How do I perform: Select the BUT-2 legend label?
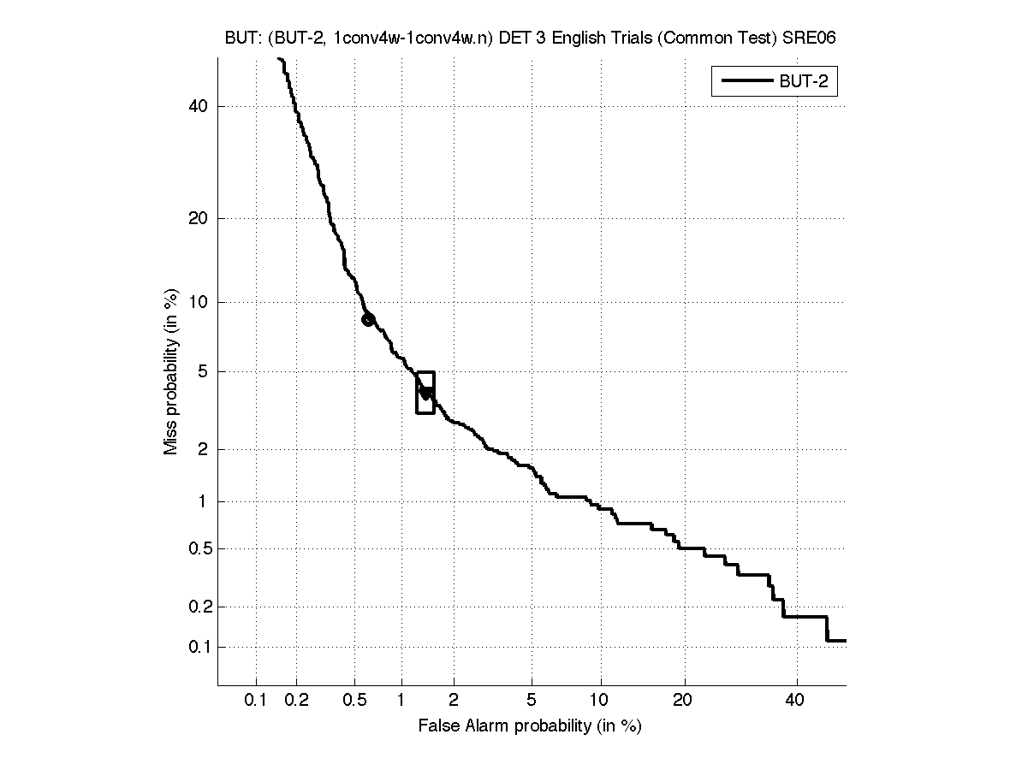pyautogui.click(x=807, y=82)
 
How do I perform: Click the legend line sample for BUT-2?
pyautogui.click(x=746, y=82)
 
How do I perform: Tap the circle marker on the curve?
pyautogui.click(x=368, y=319)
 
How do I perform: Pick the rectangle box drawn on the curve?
pyautogui.click(x=425, y=393)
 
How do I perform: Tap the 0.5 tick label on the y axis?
pyautogui.click(x=198, y=548)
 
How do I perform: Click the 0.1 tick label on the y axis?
pyautogui.click(x=198, y=647)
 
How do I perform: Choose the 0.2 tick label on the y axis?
pyautogui.click(x=198, y=607)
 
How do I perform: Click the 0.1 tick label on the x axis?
pyautogui.click(x=256, y=702)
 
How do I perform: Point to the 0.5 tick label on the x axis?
pyautogui.click(x=354, y=702)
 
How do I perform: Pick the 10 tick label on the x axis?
pyautogui.click(x=601, y=702)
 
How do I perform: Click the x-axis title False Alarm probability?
pyautogui.click(x=530, y=726)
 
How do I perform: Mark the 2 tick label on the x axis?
pyautogui.click(x=454, y=702)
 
